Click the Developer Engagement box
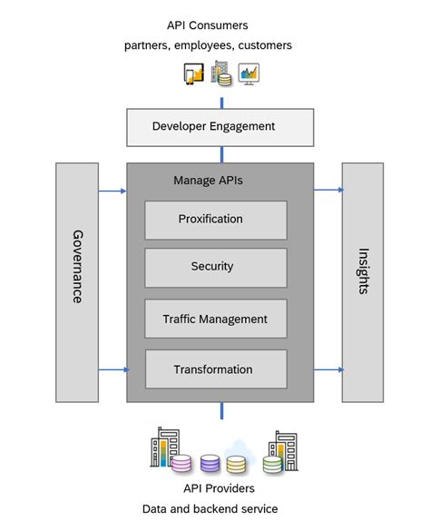220,127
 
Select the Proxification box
216,220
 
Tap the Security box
216,268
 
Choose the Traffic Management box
216,319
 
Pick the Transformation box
216,369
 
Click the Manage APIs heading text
208,181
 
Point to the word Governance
77,267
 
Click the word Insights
363,271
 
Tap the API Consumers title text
208,25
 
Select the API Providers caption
219,488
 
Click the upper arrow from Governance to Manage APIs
112,191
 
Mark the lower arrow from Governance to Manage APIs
113,369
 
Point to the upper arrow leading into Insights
328,190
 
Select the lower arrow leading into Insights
328,369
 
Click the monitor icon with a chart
249,74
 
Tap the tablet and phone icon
193,74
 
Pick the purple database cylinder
210,464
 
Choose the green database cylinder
272,464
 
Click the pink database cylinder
181,463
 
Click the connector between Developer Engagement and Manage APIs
222,154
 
